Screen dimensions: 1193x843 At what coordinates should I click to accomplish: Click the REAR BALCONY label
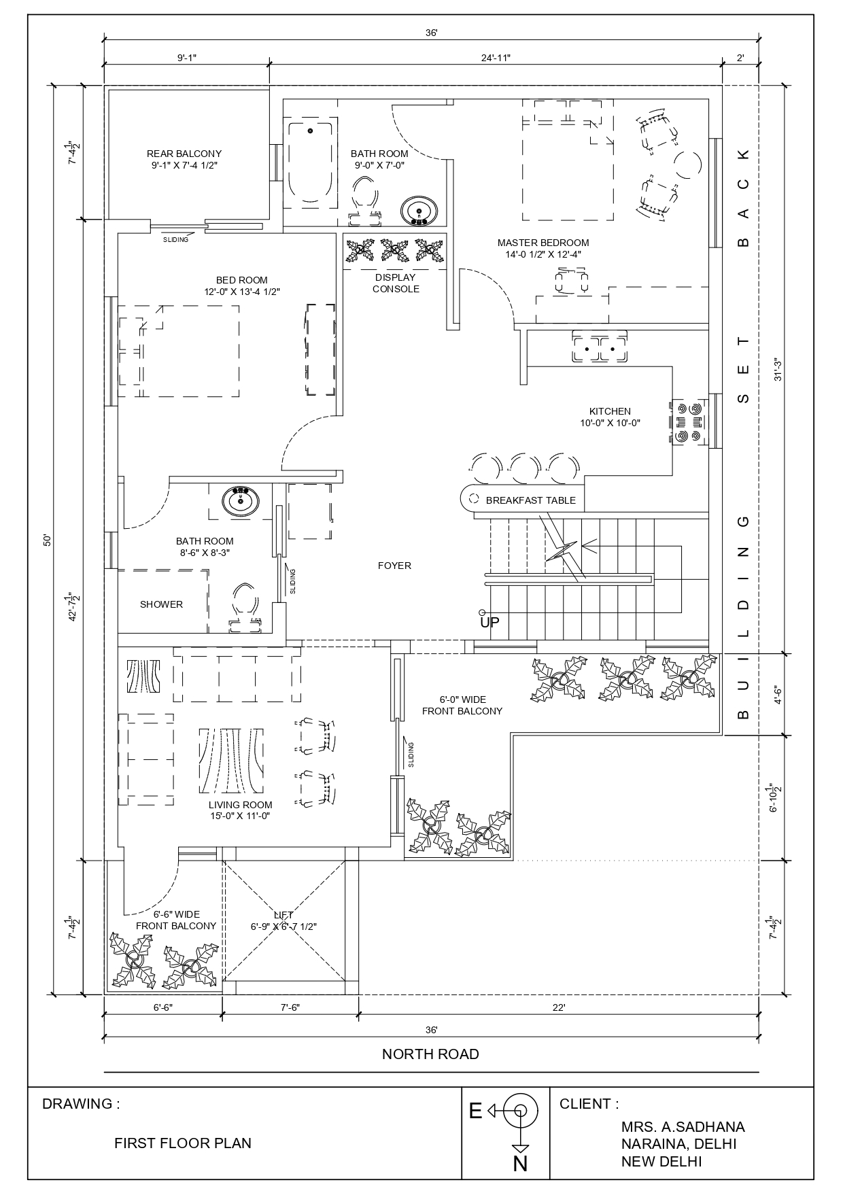point(184,154)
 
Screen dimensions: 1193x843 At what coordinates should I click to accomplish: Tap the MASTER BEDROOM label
point(543,243)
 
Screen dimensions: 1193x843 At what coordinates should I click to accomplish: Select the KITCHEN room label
point(610,411)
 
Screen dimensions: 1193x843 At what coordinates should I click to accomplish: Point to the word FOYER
point(394,566)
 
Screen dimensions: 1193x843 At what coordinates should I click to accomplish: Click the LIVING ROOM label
point(240,805)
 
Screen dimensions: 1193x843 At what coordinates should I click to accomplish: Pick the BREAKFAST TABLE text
point(530,500)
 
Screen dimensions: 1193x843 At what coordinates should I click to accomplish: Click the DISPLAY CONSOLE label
point(396,283)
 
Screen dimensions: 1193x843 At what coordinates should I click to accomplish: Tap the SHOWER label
point(161,604)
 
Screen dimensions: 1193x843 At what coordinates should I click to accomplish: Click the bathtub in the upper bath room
point(311,163)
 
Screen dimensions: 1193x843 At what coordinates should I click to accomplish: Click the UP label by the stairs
point(489,622)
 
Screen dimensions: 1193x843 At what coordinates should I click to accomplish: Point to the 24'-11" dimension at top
point(496,58)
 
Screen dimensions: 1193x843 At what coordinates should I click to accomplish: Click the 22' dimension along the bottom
point(559,1007)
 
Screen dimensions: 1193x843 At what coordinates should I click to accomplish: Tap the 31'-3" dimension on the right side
point(779,368)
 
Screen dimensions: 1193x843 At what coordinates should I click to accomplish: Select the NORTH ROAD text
point(430,1054)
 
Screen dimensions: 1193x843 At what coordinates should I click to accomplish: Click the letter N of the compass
point(520,1164)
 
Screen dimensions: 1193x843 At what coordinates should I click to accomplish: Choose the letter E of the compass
point(475,1111)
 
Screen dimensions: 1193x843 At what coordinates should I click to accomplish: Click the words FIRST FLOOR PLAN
point(183,1143)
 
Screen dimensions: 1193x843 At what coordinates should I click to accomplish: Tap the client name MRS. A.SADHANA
point(683,1127)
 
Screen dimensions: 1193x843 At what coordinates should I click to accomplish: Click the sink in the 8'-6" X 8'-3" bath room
point(240,502)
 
